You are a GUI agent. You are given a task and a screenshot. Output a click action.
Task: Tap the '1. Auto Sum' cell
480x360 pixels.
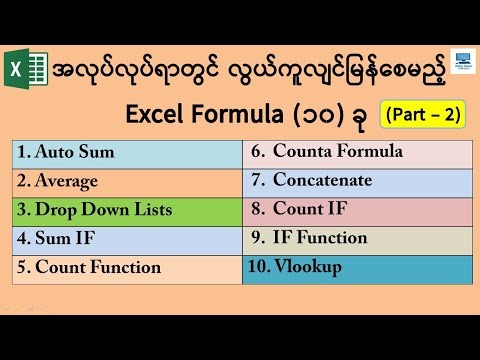pos(128,153)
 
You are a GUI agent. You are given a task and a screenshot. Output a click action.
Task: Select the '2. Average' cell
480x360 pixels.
pos(128,182)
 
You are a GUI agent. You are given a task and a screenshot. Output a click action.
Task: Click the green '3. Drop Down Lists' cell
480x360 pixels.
pos(128,211)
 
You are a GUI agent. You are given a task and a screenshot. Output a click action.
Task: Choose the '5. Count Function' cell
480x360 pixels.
pos(128,268)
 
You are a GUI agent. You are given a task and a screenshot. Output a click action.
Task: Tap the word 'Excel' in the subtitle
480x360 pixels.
pos(156,115)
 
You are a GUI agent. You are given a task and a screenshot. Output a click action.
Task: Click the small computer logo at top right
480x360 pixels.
pos(463,62)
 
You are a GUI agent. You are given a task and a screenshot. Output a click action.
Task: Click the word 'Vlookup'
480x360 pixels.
pos(313,268)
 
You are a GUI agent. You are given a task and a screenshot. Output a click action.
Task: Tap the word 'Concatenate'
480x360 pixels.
pos(326,182)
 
